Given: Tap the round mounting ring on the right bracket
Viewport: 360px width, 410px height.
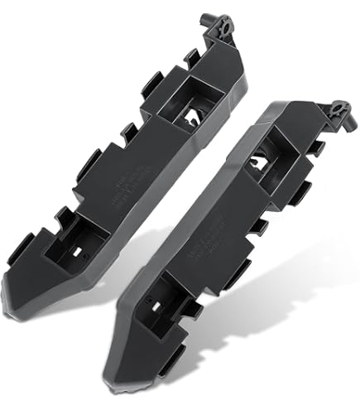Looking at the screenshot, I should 339,110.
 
